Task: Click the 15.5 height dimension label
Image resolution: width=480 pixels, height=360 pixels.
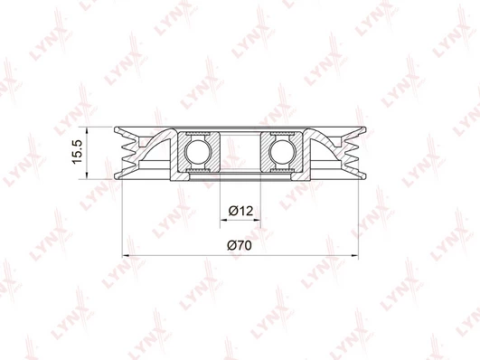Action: (x=77, y=151)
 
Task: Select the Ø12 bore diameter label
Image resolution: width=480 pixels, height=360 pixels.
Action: (x=240, y=211)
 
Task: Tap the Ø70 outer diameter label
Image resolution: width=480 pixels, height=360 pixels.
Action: (x=240, y=245)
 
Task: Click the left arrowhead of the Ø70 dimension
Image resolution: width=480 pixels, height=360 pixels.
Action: (x=127, y=255)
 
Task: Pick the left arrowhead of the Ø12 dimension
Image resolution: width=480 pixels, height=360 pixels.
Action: (x=224, y=220)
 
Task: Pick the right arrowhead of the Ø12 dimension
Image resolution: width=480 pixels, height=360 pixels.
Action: (x=257, y=220)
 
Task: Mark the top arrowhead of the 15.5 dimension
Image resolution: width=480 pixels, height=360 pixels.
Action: (x=87, y=130)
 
